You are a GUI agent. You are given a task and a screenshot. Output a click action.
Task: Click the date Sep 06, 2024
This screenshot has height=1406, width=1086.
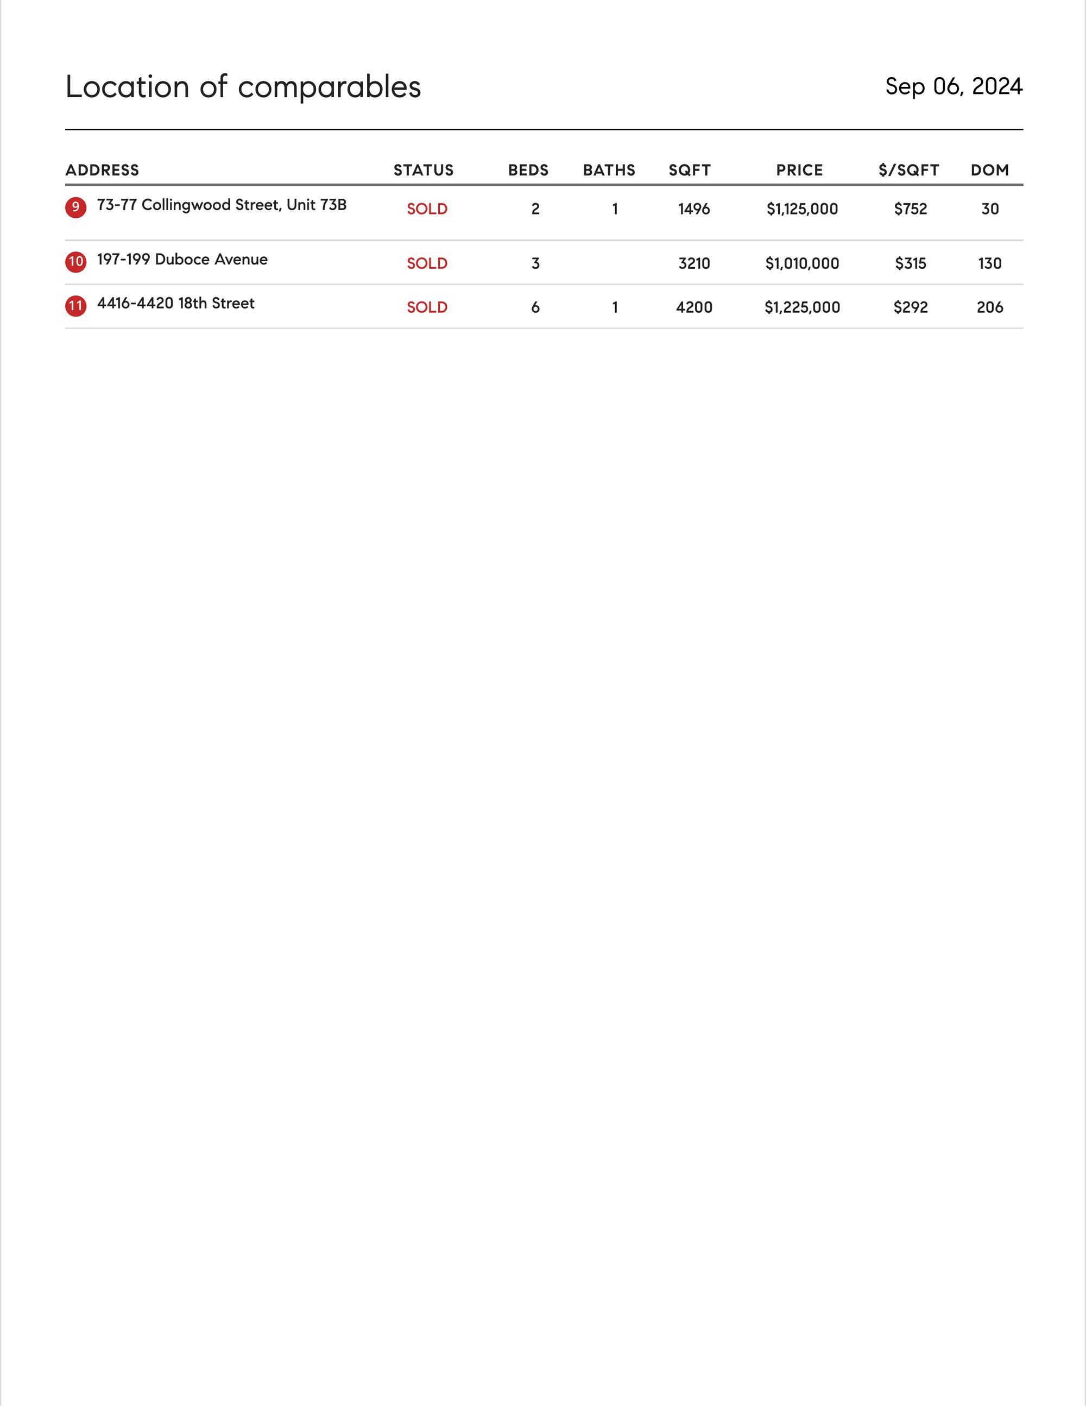click(x=954, y=86)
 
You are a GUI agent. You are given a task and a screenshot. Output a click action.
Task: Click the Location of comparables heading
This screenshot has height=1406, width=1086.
click(x=243, y=87)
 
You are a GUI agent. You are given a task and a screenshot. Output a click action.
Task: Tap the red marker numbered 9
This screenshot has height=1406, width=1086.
click(x=76, y=207)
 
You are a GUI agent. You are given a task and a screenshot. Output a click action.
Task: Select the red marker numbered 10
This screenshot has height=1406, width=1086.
click(x=76, y=261)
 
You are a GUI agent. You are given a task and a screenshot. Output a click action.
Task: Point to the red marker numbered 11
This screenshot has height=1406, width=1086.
click(x=76, y=305)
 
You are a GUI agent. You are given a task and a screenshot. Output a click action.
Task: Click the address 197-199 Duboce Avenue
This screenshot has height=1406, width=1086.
click(x=182, y=260)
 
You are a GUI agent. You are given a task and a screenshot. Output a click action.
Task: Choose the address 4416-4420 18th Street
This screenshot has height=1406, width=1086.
click(x=176, y=303)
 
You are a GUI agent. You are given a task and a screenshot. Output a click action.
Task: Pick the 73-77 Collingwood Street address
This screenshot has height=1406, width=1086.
click(x=222, y=205)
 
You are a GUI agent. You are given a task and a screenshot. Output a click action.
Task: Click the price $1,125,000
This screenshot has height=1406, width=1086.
click(x=802, y=209)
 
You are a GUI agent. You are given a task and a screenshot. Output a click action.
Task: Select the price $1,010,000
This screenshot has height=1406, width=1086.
click(x=802, y=263)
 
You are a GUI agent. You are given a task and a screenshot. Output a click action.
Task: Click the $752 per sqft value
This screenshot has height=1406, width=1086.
click(x=910, y=209)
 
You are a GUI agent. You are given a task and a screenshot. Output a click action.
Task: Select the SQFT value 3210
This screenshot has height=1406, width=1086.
click(x=694, y=263)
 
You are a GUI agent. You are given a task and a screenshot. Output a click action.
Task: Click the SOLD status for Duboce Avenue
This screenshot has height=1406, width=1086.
click(x=427, y=263)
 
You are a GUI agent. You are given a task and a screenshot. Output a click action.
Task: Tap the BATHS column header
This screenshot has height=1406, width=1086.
click(x=609, y=170)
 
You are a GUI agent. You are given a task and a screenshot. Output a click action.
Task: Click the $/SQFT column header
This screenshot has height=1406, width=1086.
click(x=908, y=170)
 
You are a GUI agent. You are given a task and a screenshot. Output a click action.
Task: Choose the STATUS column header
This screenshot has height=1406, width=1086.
click(x=424, y=170)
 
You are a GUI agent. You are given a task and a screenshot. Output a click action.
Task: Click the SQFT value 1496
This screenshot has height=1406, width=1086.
click(x=694, y=209)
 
